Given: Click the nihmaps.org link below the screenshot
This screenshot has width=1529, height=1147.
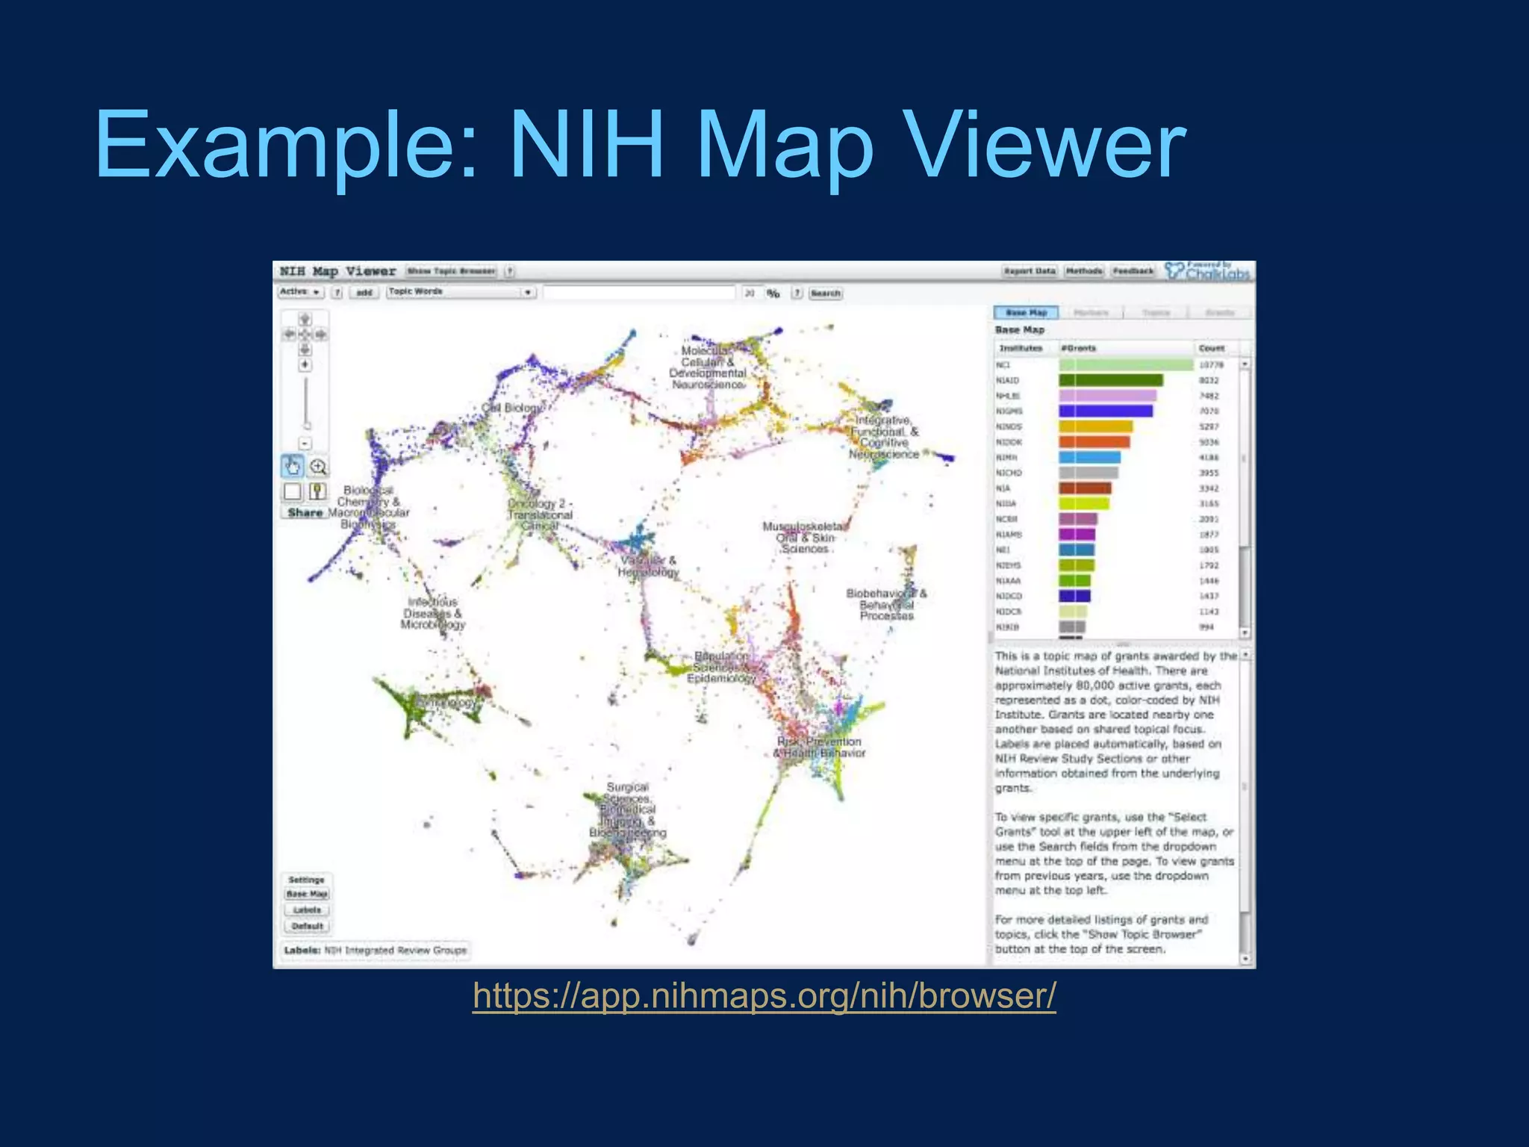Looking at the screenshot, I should point(764,995).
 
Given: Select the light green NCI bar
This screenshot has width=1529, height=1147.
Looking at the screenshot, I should point(1126,365).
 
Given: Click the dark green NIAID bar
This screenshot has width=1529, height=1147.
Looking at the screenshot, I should point(1110,381).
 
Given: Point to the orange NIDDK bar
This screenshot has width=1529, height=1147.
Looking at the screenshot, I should point(1094,442).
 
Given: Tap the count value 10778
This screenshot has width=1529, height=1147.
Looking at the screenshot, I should point(1211,365).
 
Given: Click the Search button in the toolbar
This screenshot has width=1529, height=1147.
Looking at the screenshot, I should point(826,293).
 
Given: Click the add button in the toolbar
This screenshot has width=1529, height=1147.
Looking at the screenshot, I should point(364,293).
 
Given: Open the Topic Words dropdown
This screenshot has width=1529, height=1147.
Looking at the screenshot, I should point(461,292).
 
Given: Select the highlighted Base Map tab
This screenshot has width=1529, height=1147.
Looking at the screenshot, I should point(1027,313).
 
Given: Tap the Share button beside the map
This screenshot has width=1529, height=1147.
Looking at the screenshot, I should point(305,513).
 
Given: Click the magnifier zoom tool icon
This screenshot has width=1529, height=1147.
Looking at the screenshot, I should point(319,467).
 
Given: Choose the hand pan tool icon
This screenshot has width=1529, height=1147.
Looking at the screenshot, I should point(292,467).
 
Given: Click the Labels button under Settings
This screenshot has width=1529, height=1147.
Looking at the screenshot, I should point(307,910).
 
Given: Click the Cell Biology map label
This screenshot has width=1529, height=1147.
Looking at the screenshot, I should point(514,408).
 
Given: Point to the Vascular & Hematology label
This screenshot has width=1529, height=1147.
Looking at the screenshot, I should point(648,567).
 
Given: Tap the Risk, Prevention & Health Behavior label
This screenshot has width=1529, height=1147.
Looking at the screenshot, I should point(819,747).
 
